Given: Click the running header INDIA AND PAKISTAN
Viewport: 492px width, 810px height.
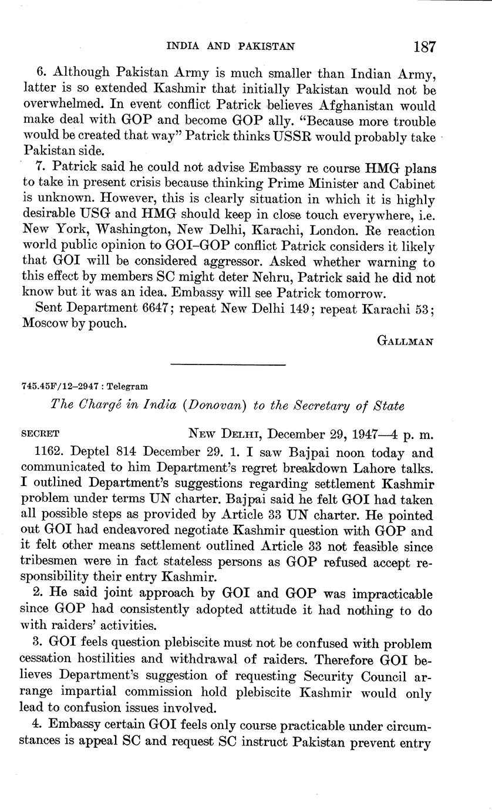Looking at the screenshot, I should tap(231, 46).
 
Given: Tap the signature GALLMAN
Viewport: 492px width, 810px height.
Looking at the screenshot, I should tap(405, 342).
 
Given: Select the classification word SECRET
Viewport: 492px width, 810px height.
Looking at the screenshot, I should tap(39, 435).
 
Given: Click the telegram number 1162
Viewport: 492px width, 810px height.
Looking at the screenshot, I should tap(49, 453).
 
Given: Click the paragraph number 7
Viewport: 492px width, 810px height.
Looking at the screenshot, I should tap(40, 168).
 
